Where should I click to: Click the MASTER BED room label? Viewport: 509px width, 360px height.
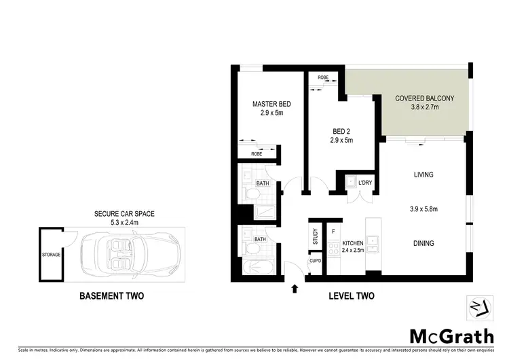click(271, 104)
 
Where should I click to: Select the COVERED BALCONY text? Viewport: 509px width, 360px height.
click(424, 98)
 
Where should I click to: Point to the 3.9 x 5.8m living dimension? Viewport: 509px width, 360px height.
click(424, 209)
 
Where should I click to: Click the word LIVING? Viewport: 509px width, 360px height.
click(423, 175)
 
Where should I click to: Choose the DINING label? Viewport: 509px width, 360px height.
click(423, 243)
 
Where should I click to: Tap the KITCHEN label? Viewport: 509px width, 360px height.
click(353, 243)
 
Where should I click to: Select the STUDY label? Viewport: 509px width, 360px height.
click(315, 236)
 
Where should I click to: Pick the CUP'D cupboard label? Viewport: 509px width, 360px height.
click(315, 262)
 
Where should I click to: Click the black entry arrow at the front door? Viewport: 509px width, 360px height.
click(295, 289)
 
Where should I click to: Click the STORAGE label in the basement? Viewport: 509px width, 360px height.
click(52, 254)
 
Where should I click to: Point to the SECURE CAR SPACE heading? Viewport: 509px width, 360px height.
click(124, 214)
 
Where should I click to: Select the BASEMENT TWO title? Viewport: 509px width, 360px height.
click(112, 296)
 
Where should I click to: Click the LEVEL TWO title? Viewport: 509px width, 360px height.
click(352, 296)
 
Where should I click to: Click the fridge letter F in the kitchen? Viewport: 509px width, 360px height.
click(333, 232)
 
